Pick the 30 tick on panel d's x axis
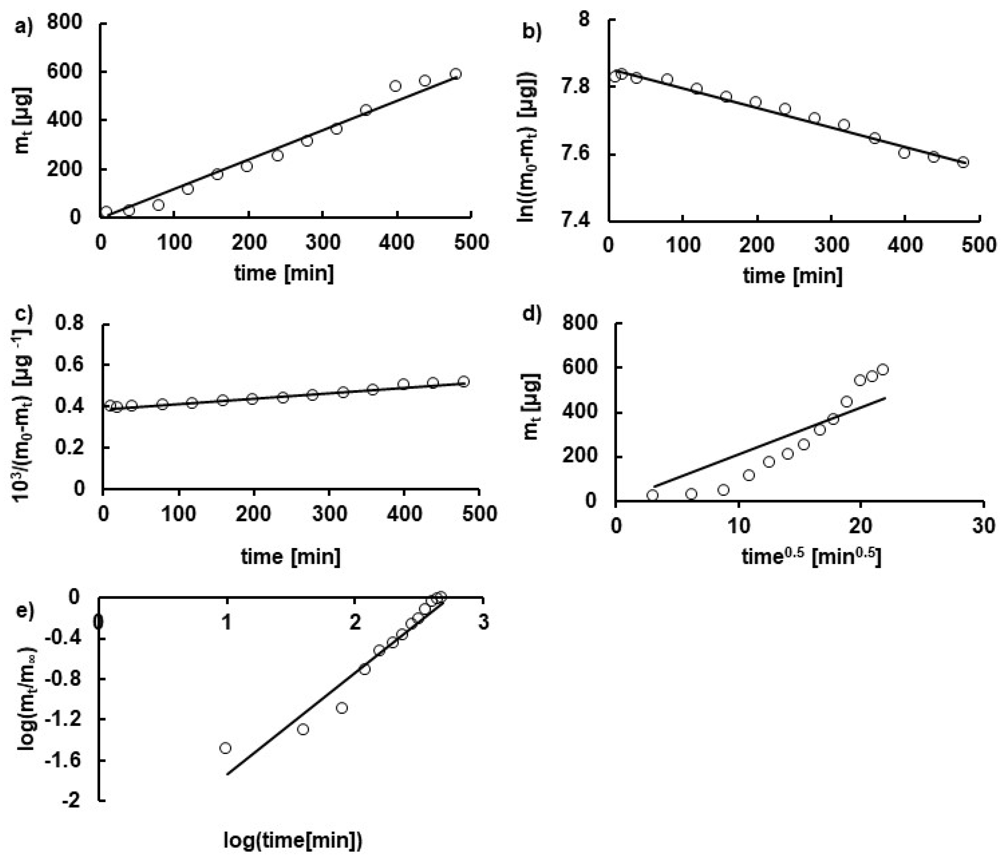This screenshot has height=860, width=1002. pyautogui.click(x=983, y=525)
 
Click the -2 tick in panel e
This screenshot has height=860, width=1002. pyautogui.click(x=74, y=801)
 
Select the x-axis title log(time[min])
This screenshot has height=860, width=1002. pyautogui.click(x=293, y=841)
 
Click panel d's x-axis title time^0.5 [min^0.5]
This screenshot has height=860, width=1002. pyautogui.click(x=812, y=557)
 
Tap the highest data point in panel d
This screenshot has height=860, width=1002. pyautogui.click(x=883, y=370)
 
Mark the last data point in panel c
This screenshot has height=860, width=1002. pyautogui.click(x=464, y=382)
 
